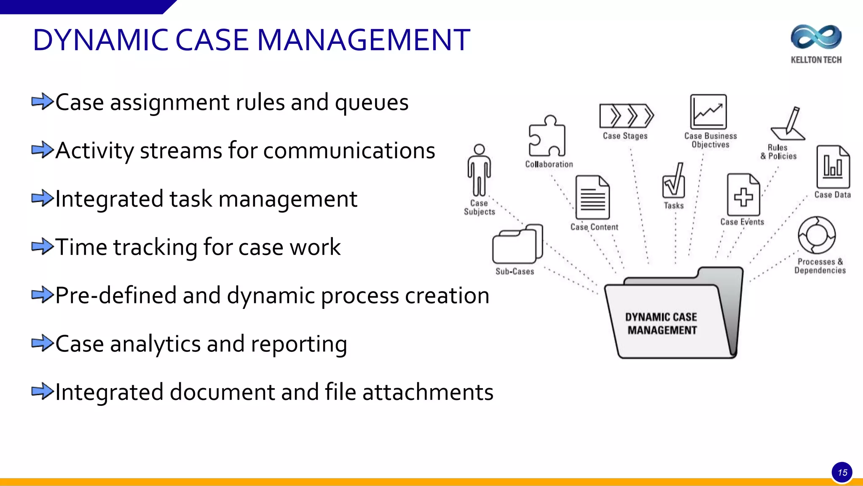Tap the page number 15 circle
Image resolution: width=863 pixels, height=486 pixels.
pyautogui.click(x=842, y=472)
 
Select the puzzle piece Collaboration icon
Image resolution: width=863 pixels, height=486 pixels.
pyautogui.click(x=547, y=136)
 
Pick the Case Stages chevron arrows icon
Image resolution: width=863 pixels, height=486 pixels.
pyautogui.click(x=626, y=116)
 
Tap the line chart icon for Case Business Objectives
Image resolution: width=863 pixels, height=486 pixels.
pyautogui.click(x=708, y=112)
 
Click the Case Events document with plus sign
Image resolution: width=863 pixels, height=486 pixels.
pyautogui.click(x=743, y=195)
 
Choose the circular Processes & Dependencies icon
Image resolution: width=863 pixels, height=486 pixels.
pyautogui.click(x=817, y=235)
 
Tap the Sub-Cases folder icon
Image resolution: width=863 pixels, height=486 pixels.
pyautogui.click(x=517, y=245)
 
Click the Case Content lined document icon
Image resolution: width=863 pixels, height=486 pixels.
pyautogui.click(x=592, y=197)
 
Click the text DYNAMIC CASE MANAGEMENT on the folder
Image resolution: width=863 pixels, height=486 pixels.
pyautogui.click(x=661, y=324)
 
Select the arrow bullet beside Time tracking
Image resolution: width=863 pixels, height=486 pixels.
pyautogui.click(x=43, y=246)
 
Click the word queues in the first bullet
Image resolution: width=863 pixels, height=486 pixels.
pyautogui.click(x=371, y=103)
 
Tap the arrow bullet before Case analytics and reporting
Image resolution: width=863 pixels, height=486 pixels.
pyautogui.click(x=43, y=343)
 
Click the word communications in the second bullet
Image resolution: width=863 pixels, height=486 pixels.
pyautogui.click(x=349, y=151)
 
